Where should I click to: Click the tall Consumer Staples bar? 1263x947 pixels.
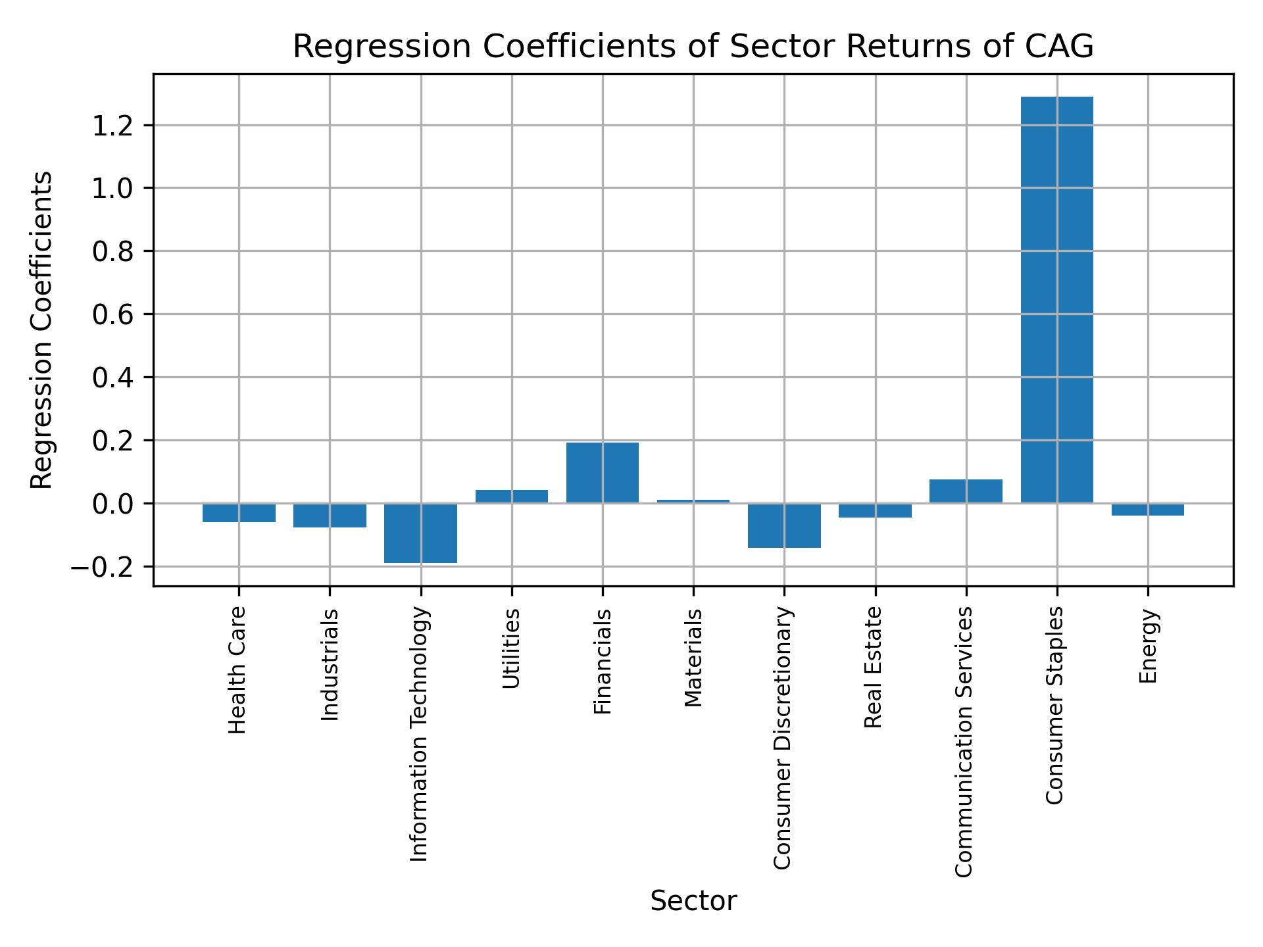click(x=1056, y=300)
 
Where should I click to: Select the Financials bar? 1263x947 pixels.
click(x=602, y=473)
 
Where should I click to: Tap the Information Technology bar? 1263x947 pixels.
click(x=420, y=533)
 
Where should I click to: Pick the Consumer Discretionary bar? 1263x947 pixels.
click(x=784, y=525)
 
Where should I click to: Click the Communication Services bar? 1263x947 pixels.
click(x=966, y=491)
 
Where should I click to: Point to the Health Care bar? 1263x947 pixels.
click(x=239, y=513)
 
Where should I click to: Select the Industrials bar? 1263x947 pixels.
click(x=330, y=516)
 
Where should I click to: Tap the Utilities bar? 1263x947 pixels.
click(x=511, y=497)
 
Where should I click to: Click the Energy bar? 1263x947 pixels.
click(x=1147, y=510)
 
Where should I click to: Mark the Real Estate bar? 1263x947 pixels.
click(x=875, y=510)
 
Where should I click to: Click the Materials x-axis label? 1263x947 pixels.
click(x=693, y=658)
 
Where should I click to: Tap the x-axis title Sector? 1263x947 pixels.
click(x=693, y=901)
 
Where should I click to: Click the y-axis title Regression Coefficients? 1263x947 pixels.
click(x=42, y=330)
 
